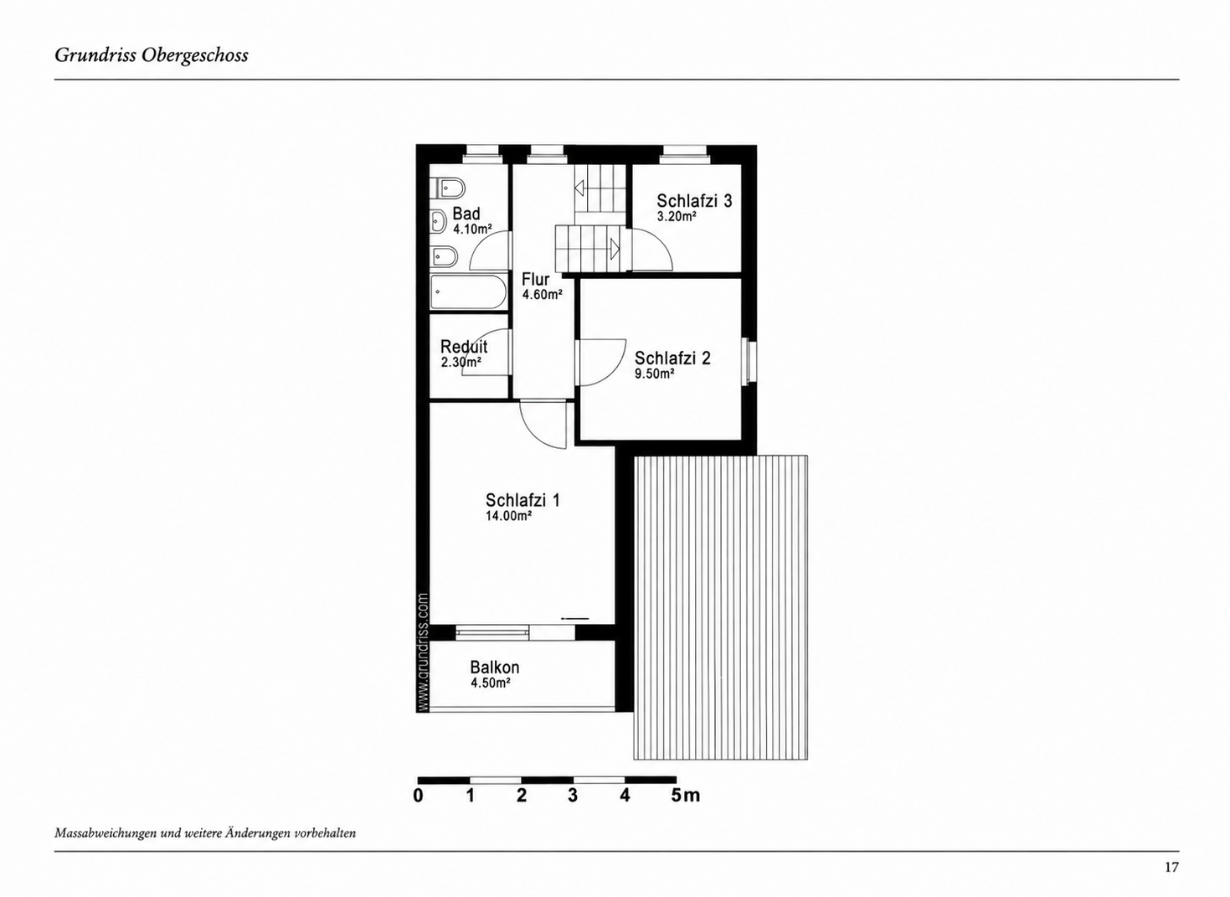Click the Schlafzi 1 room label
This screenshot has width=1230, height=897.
point(522,500)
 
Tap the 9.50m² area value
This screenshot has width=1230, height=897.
point(655,374)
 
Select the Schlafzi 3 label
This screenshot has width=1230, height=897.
point(694,200)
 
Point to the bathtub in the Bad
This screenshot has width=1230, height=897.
point(468,292)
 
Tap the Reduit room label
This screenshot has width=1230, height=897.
point(464,347)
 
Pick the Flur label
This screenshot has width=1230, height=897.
point(535,279)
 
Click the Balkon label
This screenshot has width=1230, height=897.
point(495,668)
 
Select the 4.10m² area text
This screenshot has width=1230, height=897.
point(472,229)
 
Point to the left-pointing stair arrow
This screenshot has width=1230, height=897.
point(579,188)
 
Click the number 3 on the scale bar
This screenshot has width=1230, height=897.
point(573,795)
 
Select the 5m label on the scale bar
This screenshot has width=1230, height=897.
point(685,795)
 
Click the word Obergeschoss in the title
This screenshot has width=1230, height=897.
point(195,55)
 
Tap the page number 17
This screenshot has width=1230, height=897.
point(1171,867)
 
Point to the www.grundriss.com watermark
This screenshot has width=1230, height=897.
point(422,652)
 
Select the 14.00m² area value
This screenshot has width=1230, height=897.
point(508,516)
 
